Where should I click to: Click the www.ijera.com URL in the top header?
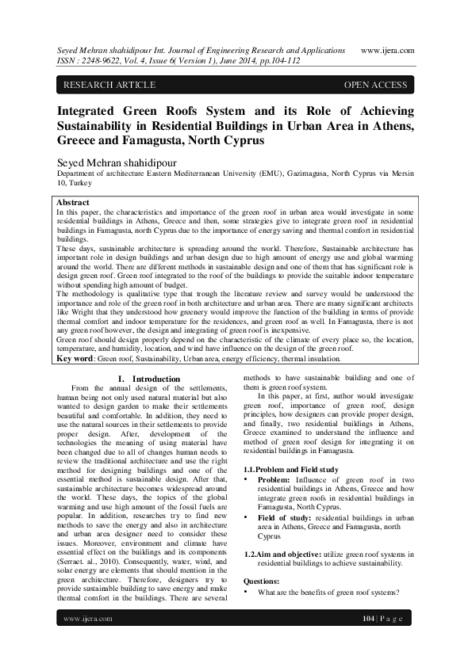[x=388, y=48]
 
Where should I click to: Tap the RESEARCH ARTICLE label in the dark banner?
[x=109, y=85]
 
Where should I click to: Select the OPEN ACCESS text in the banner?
[x=375, y=85]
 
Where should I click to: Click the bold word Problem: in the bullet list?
[x=274, y=479]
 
